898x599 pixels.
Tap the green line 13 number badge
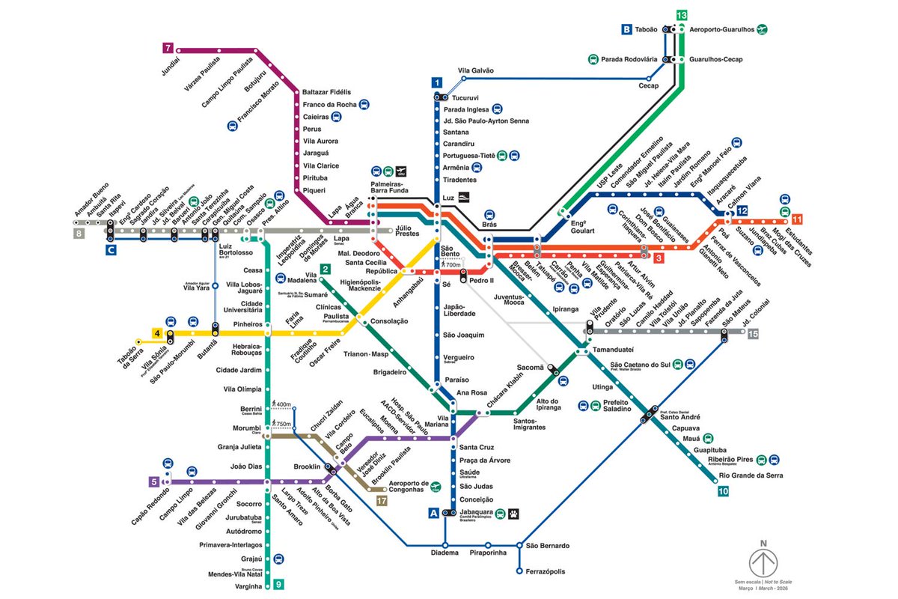(681, 15)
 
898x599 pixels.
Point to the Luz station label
(448, 198)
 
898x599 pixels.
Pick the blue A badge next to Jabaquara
(433, 513)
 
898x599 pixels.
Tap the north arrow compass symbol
(763, 561)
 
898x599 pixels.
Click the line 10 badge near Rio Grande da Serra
(722, 491)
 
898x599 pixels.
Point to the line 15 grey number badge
(753, 333)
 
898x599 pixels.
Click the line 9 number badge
(278, 585)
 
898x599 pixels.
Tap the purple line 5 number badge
(153, 481)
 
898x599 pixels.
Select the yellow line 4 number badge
(157, 333)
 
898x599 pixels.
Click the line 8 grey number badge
(79, 234)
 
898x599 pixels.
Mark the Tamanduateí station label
(614, 350)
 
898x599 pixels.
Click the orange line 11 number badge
(797, 219)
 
